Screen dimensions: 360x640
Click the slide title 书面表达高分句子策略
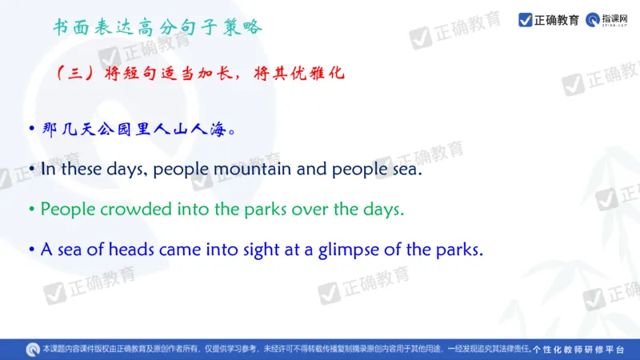[x=157, y=27]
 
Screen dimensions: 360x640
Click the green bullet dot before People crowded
[x=32, y=210]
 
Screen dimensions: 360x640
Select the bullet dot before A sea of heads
[x=32, y=250]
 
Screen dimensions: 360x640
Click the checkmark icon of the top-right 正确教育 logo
[x=526, y=19]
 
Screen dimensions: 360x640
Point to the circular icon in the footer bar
[x=32, y=349]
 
